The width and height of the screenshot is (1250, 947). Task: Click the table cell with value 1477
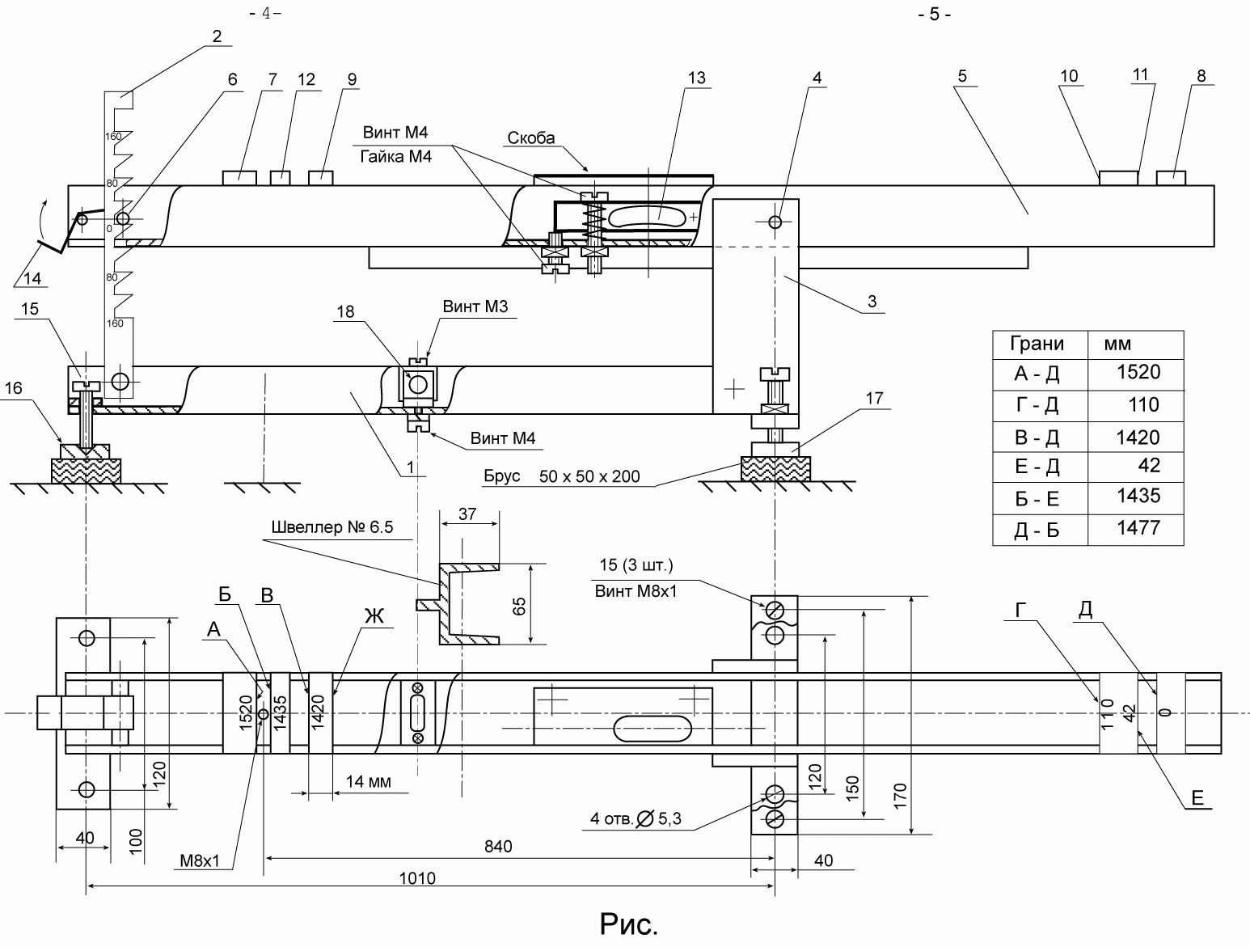[x=1138, y=528]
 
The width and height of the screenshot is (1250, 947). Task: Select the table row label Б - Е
[x=1037, y=500]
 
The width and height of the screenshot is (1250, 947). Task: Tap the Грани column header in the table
[x=1037, y=344]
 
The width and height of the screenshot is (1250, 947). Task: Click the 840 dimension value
[x=498, y=846]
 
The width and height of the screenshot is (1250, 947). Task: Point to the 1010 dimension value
[x=417, y=878]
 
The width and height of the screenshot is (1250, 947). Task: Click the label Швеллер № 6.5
[x=332, y=526]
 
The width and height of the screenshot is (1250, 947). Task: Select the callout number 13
[x=696, y=78]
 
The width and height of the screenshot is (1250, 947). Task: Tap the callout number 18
[x=345, y=311]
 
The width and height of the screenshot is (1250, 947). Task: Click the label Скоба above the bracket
[x=530, y=137]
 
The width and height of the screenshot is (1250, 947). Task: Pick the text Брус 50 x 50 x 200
[x=561, y=476]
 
